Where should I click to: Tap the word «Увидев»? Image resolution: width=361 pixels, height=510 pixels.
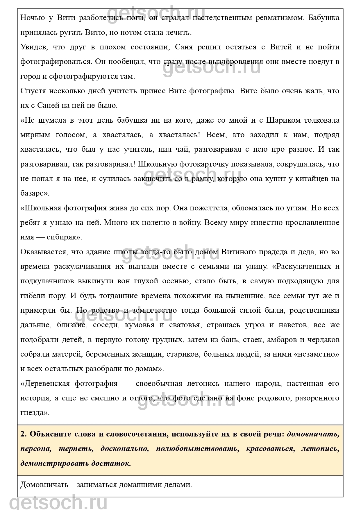point(33,47)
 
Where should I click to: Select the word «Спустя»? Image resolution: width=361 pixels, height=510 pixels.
point(32,91)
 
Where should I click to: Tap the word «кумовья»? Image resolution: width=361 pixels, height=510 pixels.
point(139,325)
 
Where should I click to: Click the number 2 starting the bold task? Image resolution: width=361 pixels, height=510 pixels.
point(23,434)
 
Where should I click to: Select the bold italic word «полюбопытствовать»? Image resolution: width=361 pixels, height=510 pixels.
point(197,449)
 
